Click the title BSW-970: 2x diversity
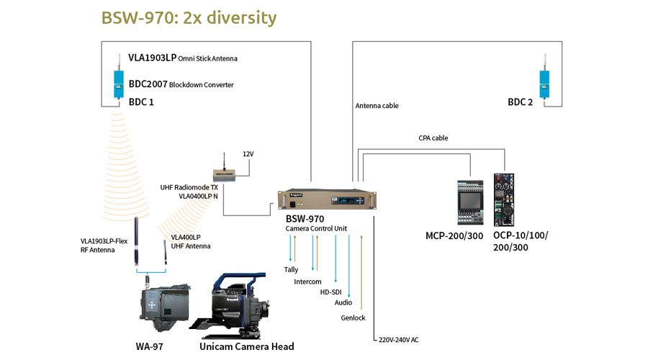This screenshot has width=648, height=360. click(x=189, y=17)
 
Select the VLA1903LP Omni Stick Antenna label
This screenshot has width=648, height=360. click(x=183, y=58)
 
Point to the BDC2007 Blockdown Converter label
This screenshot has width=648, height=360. click(x=181, y=84)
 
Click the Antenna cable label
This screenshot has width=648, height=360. click(x=377, y=106)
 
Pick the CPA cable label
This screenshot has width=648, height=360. click(x=433, y=138)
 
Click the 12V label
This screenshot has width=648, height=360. click(x=249, y=153)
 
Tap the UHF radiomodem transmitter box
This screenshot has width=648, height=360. click(x=228, y=174)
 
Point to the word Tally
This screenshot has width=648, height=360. click(x=291, y=270)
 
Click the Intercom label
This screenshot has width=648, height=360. click(x=307, y=282)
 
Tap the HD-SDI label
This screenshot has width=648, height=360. click(x=331, y=292)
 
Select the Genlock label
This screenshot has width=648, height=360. click(x=353, y=318)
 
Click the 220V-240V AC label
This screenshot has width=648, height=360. click(x=398, y=339)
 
